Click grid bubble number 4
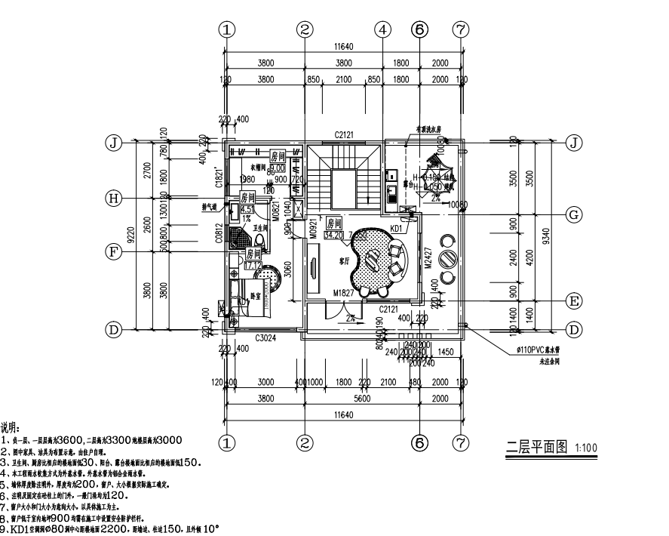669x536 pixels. coord(383,29)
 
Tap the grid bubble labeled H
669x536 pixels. coord(114,198)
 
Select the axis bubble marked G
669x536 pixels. coord(574,214)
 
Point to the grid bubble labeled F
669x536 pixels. coord(114,252)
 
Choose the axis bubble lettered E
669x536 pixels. coord(574,300)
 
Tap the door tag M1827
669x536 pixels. coord(343,293)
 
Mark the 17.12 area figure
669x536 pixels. coord(253,266)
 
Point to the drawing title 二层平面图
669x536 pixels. coord(536,447)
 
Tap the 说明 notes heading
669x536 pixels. coord(11,427)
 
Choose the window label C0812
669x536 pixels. coord(219,236)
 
